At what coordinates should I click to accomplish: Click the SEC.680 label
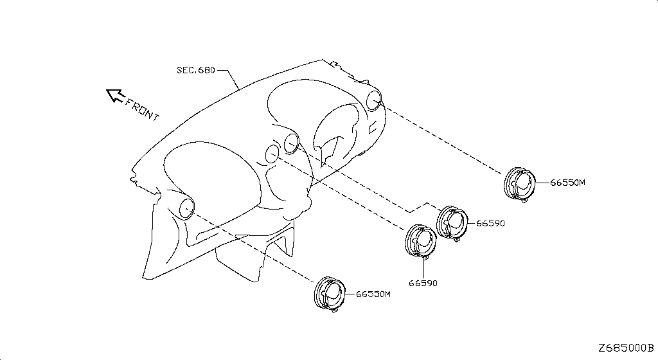[195, 70]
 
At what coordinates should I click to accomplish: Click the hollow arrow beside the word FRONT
[114, 95]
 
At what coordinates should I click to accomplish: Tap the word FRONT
[143, 109]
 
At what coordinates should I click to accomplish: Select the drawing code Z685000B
[626, 348]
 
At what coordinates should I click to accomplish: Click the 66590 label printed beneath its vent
[423, 283]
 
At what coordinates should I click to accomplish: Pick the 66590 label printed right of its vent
[490, 223]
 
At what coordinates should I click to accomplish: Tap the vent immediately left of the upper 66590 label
[452, 223]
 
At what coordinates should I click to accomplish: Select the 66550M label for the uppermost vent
[567, 183]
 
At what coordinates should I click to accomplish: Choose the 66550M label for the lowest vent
[373, 294]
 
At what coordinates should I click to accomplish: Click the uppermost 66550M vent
[519, 184]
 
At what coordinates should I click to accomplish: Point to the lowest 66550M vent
[330, 294]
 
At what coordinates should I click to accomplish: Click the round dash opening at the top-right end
[373, 101]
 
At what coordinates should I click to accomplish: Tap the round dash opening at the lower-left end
[186, 208]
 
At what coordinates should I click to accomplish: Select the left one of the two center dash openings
[272, 154]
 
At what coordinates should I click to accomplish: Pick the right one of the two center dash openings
[291, 144]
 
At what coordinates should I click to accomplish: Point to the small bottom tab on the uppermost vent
[524, 201]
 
